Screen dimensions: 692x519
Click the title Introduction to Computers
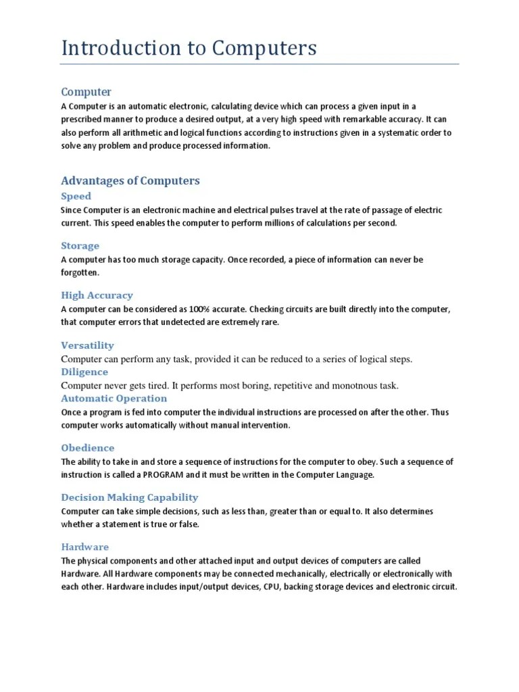(x=189, y=49)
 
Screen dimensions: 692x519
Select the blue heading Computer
(x=86, y=92)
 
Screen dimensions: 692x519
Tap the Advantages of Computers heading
(x=130, y=180)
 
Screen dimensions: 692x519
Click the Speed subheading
(x=76, y=196)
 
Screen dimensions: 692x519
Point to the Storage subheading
(x=80, y=246)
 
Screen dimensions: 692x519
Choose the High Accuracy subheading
(x=97, y=295)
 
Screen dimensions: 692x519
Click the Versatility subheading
(x=87, y=345)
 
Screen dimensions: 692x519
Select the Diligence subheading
(x=84, y=372)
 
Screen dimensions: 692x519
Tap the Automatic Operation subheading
(x=114, y=399)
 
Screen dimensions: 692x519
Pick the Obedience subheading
(x=87, y=448)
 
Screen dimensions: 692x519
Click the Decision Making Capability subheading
(x=130, y=497)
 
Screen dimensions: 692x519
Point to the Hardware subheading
(x=84, y=547)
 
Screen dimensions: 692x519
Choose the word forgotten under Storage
(x=80, y=272)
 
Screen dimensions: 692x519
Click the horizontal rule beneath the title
(x=259, y=64)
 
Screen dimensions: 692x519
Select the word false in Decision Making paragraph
(x=189, y=524)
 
